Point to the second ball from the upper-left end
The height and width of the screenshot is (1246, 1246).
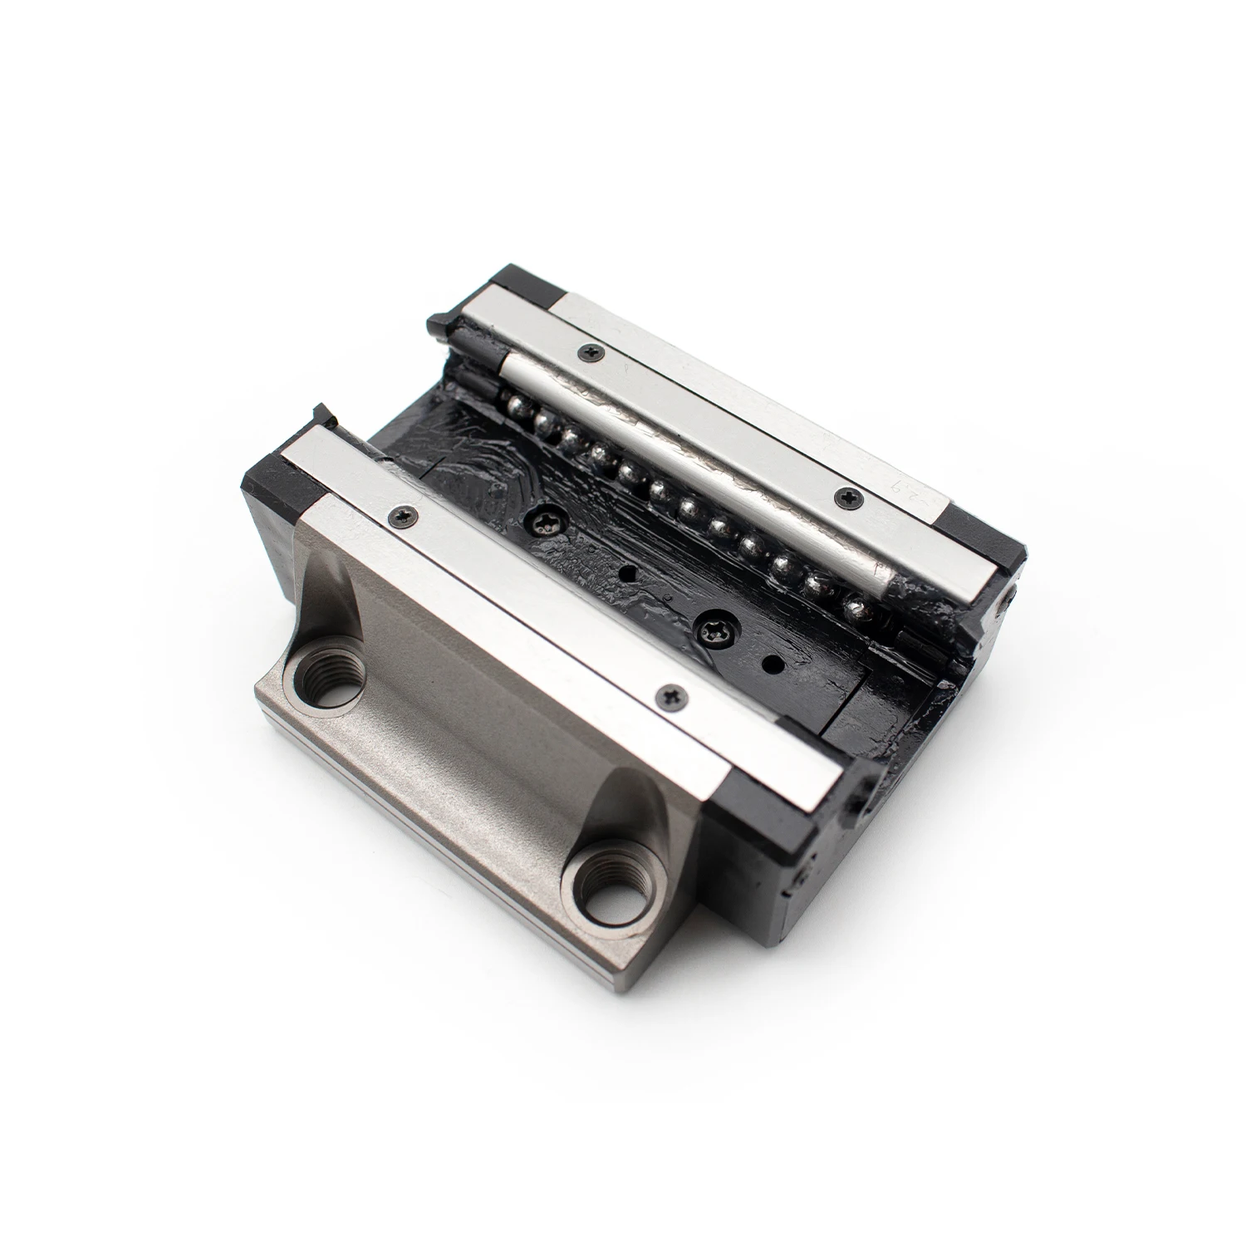(x=545, y=422)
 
